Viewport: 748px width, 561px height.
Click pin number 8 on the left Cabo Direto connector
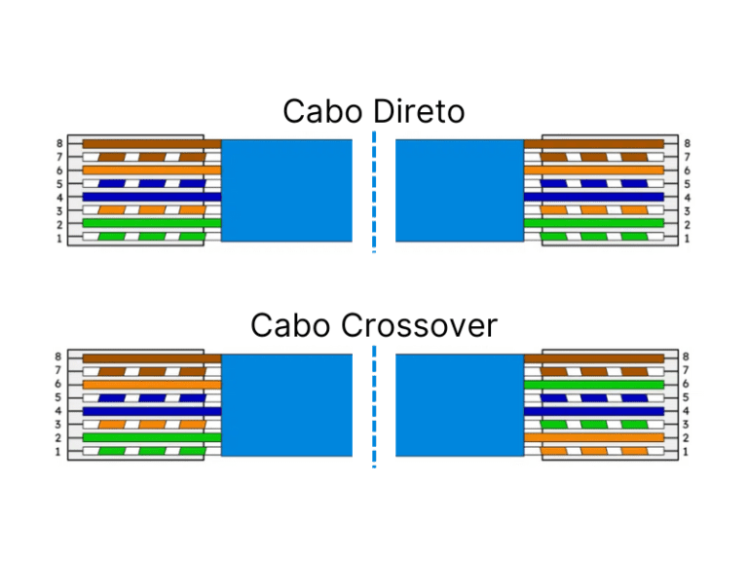tap(59, 143)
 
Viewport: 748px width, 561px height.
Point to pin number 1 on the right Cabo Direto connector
tap(688, 238)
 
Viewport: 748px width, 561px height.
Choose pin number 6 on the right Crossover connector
tap(688, 384)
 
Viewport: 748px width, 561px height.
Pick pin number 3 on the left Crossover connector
tap(59, 425)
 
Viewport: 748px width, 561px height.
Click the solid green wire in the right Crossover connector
tap(594, 385)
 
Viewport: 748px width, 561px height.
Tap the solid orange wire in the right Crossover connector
tap(594, 438)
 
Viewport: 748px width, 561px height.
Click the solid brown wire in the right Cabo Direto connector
tap(594, 143)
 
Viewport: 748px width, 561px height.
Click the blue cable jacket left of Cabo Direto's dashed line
tap(286, 190)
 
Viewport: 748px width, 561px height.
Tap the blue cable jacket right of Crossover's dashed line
tap(460, 404)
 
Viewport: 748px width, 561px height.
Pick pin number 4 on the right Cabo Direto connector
tap(688, 197)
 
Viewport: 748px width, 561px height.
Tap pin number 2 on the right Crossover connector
tap(688, 438)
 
